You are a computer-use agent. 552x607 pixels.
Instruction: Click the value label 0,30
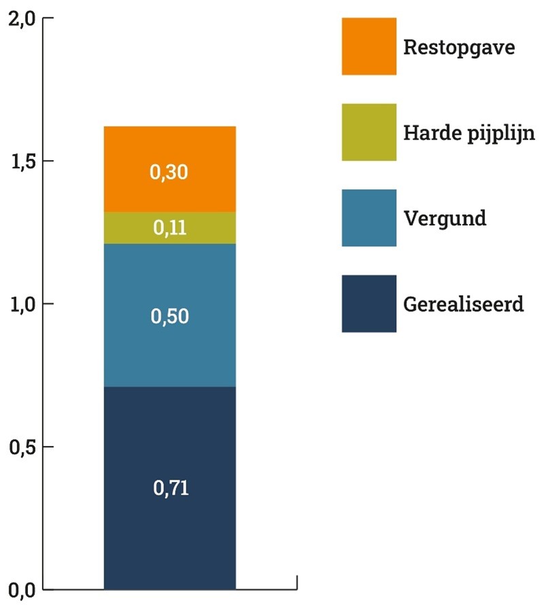pyautogui.click(x=169, y=173)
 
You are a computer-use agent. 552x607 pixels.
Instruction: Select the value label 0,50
pyautogui.click(x=169, y=317)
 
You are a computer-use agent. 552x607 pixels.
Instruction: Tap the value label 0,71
pyautogui.click(x=169, y=488)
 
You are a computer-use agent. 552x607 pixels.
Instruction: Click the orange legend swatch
pyautogui.click(x=369, y=46)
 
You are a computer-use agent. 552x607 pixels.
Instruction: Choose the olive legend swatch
pyautogui.click(x=369, y=132)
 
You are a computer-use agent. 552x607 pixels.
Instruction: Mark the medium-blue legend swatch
pyautogui.click(x=369, y=218)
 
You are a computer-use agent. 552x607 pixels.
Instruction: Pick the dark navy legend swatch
pyautogui.click(x=369, y=304)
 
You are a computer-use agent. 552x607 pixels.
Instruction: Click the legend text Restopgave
pyautogui.click(x=459, y=48)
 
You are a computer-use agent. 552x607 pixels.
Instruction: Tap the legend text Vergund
pyautogui.click(x=445, y=219)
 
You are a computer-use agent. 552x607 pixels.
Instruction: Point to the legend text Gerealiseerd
pyautogui.click(x=464, y=304)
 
